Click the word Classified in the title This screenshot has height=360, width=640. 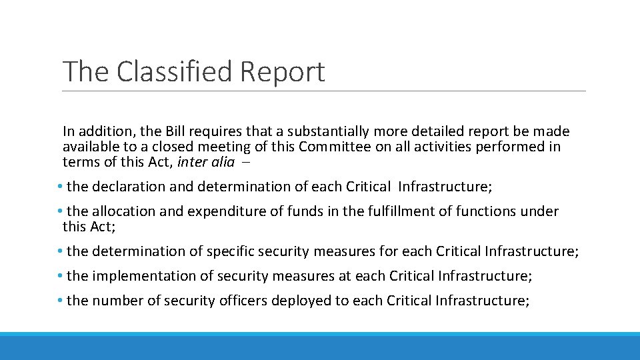pyautogui.click(x=175, y=72)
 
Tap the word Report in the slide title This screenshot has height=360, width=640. pyautogui.click(x=283, y=72)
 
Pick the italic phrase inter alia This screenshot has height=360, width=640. pyautogui.click(x=206, y=161)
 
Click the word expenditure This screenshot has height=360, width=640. pyautogui.click(x=217, y=211)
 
